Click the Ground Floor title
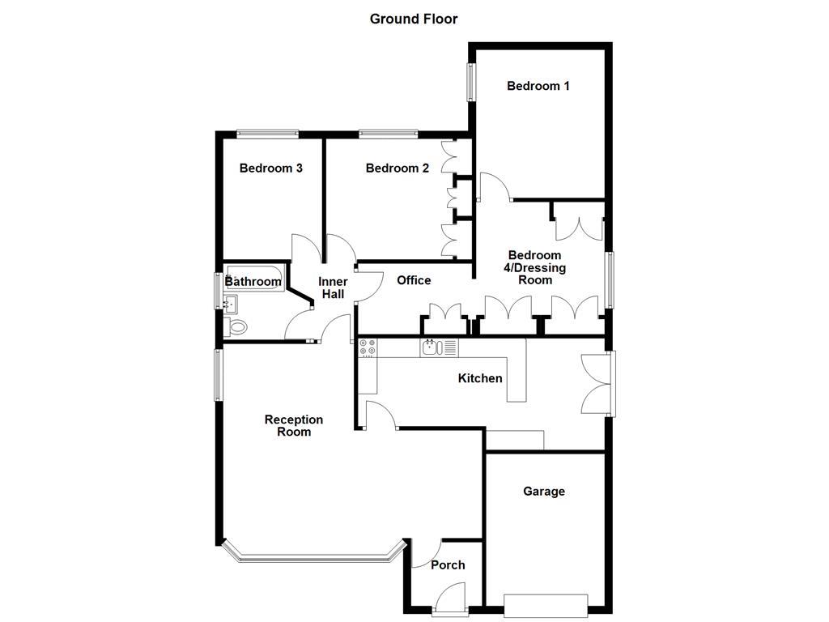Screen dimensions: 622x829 (414, 19)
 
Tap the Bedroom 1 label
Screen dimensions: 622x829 (538, 86)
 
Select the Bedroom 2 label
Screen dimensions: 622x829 (397, 168)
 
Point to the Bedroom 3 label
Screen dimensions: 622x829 (271, 168)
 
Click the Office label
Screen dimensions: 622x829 (414, 280)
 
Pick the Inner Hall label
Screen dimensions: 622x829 (334, 288)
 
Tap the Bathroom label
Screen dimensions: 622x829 (253, 282)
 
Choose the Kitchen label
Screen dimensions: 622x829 (480, 378)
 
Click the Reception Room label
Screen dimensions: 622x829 (294, 426)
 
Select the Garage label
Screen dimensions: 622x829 (544, 491)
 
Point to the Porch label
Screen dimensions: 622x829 (448, 564)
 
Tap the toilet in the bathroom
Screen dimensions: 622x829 (237, 327)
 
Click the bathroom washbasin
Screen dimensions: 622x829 (231, 305)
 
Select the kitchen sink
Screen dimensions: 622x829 (432, 347)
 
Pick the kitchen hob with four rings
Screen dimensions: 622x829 (368, 347)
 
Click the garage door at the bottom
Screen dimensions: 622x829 (546, 604)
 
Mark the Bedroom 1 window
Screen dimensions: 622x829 (470, 83)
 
